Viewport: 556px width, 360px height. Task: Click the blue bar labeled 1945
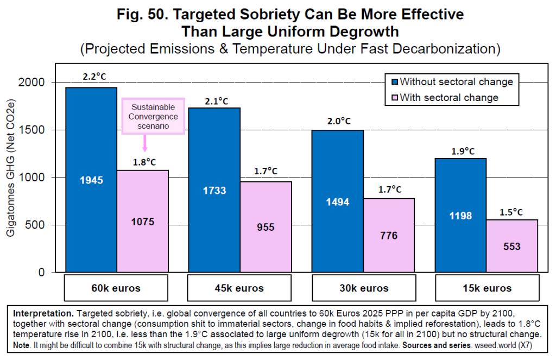coord(91,179)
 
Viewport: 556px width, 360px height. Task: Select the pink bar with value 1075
coord(143,221)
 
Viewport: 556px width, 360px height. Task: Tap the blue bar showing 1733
coord(214,190)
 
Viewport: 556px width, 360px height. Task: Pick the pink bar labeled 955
coord(266,227)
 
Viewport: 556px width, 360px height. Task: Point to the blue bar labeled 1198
coord(461,215)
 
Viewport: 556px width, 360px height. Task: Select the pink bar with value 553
coord(512,246)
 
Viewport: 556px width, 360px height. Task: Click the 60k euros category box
coord(116,288)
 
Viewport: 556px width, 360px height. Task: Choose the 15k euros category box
coord(486,288)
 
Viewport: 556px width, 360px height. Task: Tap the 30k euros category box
coord(363,288)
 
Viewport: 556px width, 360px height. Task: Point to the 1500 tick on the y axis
coord(41,130)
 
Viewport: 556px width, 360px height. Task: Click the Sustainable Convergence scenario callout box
coord(154,116)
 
